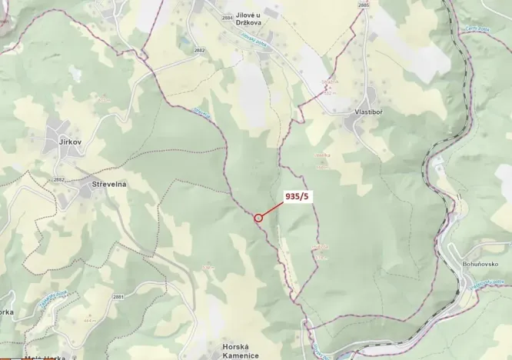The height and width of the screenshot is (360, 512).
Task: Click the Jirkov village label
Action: (71, 142)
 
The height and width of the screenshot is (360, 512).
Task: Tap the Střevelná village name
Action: (109, 185)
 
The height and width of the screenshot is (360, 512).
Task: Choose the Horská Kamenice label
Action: (240, 351)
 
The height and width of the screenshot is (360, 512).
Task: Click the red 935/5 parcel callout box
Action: (297, 197)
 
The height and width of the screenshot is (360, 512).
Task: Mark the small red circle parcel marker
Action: (258, 218)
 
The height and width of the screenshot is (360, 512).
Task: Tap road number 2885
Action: (364, 5)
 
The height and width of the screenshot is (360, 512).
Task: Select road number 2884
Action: (226, 17)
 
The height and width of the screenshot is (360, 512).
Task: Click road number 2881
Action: (118, 296)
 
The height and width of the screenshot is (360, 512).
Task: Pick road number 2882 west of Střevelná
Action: (59, 179)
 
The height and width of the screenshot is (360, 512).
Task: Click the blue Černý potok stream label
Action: (477, 29)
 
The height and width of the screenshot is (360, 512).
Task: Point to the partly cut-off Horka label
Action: (6, 312)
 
